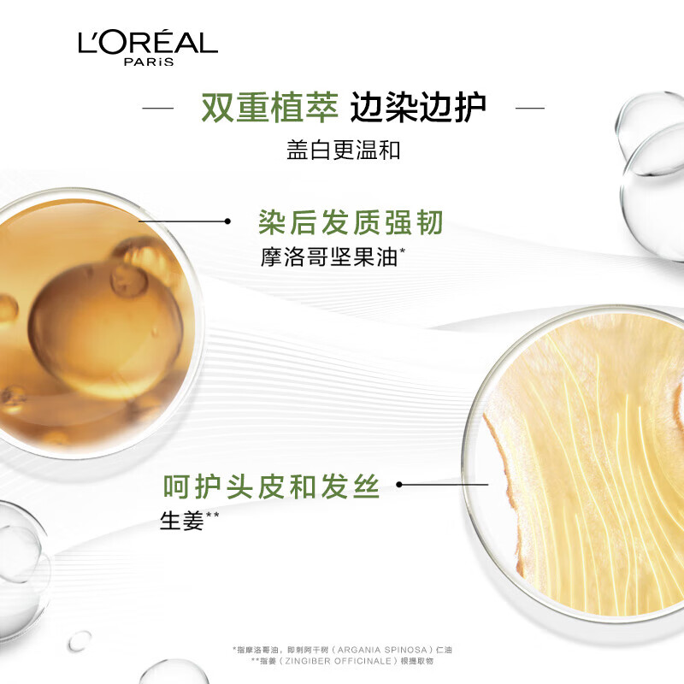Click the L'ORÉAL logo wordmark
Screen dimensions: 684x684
(x=148, y=42)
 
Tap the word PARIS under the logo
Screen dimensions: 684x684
(x=149, y=62)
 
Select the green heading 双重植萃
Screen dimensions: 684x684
(x=269, y=108)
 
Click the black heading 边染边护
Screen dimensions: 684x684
(x=418, y=108)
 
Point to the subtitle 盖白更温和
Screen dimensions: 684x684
(x=344, y=150)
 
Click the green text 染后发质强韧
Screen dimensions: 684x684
(x=351, y=222)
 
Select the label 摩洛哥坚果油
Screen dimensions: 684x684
(x=329, y=257)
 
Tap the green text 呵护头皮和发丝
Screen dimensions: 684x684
(x=271, y=486)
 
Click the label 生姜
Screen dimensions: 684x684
(x=182, y=521)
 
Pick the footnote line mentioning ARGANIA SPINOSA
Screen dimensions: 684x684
(x=343, y=650)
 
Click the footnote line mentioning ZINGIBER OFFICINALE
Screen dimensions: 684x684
(x=343, y=661)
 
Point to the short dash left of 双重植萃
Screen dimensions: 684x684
(x=158, y=108)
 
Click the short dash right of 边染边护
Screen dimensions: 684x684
(x=530, y=108)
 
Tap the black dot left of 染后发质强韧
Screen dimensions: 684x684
(x=227, y=221)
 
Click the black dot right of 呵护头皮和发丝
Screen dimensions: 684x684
(x=398, y=484)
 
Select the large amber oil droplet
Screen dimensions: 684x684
(x=105, y=331)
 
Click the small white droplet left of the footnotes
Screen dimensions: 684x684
(x=80, y=640)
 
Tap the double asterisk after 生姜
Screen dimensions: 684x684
(x=212, y=516)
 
